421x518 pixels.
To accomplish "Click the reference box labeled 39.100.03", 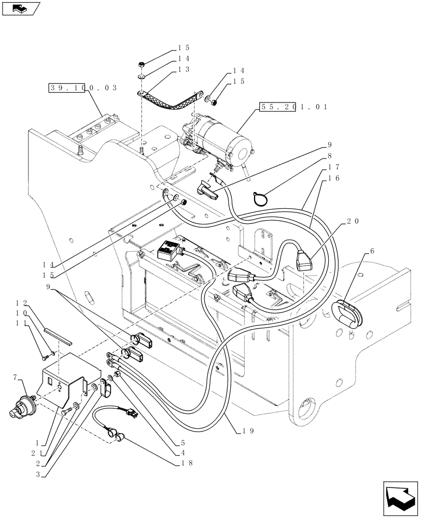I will [83, 88].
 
